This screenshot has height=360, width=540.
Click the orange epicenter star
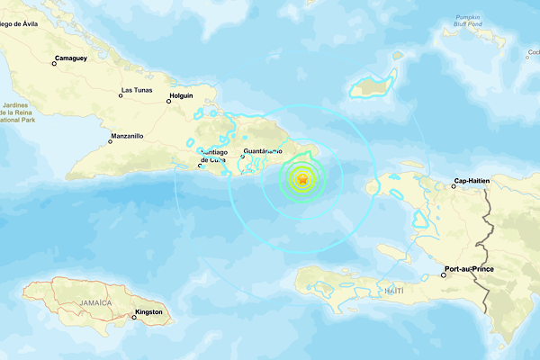tap(302, 181)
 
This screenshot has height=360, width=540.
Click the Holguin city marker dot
tap(168, 101)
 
